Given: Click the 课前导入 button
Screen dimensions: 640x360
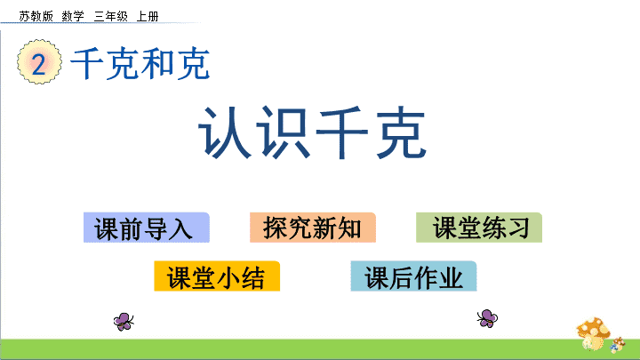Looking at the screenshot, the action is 147,228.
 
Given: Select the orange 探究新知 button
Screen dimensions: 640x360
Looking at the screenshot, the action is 313,228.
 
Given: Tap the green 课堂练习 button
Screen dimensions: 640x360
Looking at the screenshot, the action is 479,228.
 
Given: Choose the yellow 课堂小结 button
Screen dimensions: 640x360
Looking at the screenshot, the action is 217,276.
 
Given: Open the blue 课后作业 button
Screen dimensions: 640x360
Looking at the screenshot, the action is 413,276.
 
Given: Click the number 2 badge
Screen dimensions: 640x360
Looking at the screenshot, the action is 39,62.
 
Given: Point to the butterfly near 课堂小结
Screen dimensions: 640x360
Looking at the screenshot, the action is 124,321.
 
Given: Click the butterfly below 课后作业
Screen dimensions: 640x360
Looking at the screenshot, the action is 487,318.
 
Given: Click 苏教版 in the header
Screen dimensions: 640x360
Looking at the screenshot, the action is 36,16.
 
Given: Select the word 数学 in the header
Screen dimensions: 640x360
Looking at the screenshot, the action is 73,16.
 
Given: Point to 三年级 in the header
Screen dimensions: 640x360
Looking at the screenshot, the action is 110,16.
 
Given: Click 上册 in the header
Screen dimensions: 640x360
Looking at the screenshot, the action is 148,16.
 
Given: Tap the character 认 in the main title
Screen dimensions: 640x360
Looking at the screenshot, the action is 225,132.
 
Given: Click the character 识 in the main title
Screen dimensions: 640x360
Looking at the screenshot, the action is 284,132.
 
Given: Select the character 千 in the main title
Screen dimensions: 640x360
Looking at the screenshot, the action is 342,132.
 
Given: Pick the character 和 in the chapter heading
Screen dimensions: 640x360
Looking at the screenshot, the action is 157,63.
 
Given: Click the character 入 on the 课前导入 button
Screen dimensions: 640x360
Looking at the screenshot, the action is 180,228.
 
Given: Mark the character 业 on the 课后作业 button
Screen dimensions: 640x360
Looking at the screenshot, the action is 451,277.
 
